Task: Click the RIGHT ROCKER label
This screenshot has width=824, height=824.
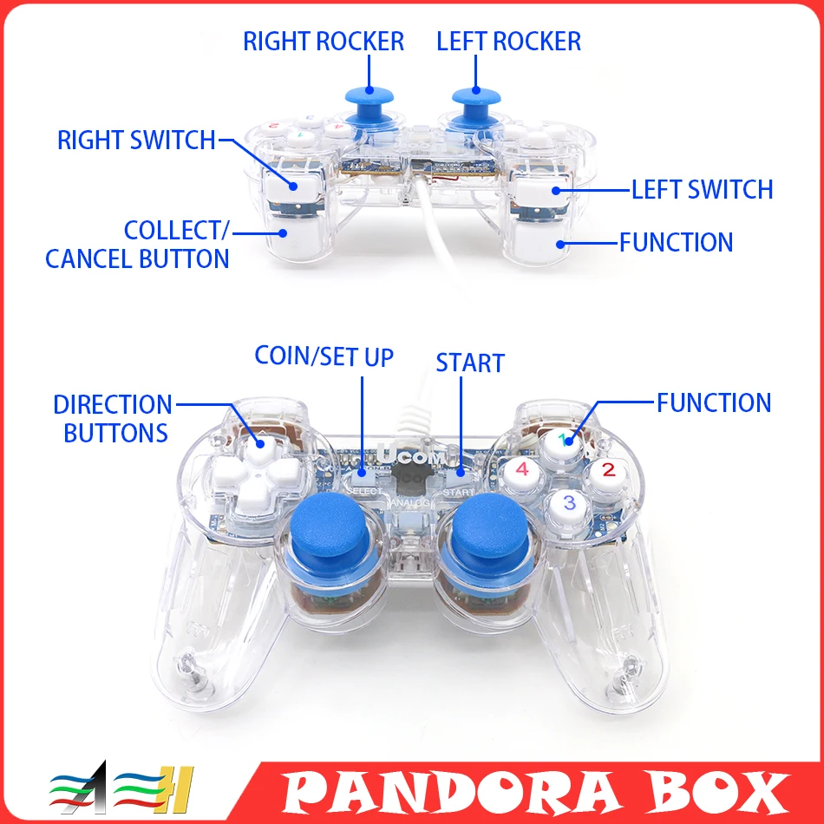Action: click(x=324, y=42)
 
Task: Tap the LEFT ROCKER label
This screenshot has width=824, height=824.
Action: click(x=509, y=42)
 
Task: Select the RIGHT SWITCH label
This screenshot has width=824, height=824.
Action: click(x=136, y=140)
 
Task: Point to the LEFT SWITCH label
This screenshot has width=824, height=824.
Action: click(x=701, y=189)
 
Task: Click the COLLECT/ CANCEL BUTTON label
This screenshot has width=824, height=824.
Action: click(x=138, y=245)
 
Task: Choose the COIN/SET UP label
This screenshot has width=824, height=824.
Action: click(x=324, y=356)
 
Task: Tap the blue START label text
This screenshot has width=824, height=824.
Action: click(x=470, y=363)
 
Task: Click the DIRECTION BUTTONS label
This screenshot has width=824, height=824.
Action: click(x=114, y=418)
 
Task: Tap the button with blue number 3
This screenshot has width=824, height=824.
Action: click(x=569, y=502)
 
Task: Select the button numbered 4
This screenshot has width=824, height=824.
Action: click(x=522, y=471)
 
